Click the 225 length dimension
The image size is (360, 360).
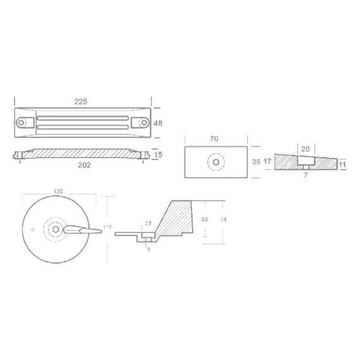click(81, 100)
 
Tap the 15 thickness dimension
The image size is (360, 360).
click(159, 153)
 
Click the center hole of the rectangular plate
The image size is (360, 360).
click(217, 162)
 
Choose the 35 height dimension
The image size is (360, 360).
click(256, 162)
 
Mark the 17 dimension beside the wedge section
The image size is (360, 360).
click(268, 162)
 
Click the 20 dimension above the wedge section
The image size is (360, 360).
click(306, 148)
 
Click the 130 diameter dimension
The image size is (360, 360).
click(58, 191)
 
